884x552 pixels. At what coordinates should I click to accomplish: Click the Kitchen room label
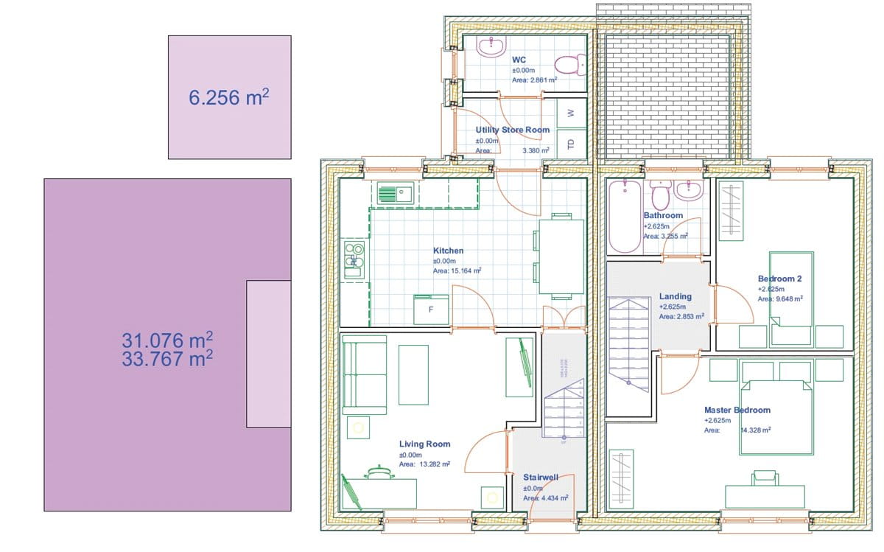click(448, 251)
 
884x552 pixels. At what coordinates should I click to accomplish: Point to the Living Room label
click(424, 444)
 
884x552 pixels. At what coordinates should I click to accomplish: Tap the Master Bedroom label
click(737, 410)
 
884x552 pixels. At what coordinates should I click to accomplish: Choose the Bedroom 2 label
click(779, 279)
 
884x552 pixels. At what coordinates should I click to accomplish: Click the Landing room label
click(676, 296)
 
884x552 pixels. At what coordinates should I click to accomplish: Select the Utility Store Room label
click(512, 130)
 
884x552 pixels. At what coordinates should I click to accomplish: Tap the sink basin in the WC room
click(490, 47)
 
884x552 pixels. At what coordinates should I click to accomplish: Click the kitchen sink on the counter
click(395, 194)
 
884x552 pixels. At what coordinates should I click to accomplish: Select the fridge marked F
click(432, 310)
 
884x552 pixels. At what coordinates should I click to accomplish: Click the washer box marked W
click(569, 113)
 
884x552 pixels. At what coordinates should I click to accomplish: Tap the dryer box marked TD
click(569, 143)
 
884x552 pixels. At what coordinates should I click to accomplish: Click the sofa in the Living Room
click(364, 374)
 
